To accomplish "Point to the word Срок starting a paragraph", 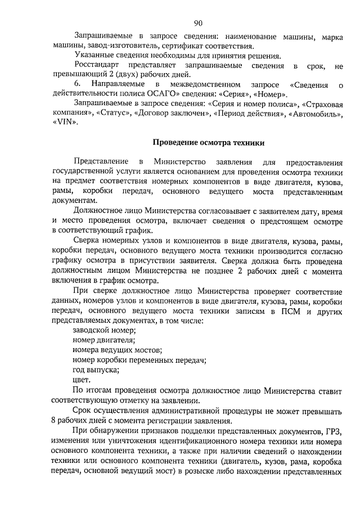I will click(x=83, y=410).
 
